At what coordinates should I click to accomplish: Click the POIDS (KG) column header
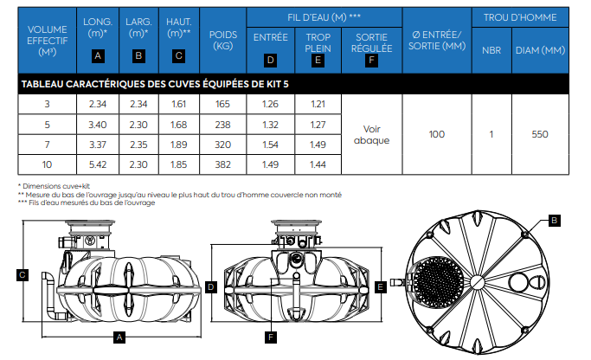pyautogui.click(x=222, y=41)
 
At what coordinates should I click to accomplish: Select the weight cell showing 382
pyautogui.click(x=222, y=164)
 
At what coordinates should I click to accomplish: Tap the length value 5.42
pyautogui.click(x=98, y=164)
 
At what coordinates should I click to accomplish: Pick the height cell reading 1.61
pyautogui.click(x=178, y=104)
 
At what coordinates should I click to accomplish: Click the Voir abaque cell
pyautogui.click(x=371, y=135)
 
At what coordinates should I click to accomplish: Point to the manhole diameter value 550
pyautogui.click(x=540, y=134)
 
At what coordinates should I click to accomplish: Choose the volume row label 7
pyautogui.click(x=47, y=145)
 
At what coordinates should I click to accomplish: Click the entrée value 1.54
pyautogui.click(x=270, y=145)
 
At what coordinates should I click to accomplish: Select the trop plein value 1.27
pyautogui.click(x=318, y=125)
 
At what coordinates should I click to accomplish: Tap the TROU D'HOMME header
pyautogui.click(x=520, y=17)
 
